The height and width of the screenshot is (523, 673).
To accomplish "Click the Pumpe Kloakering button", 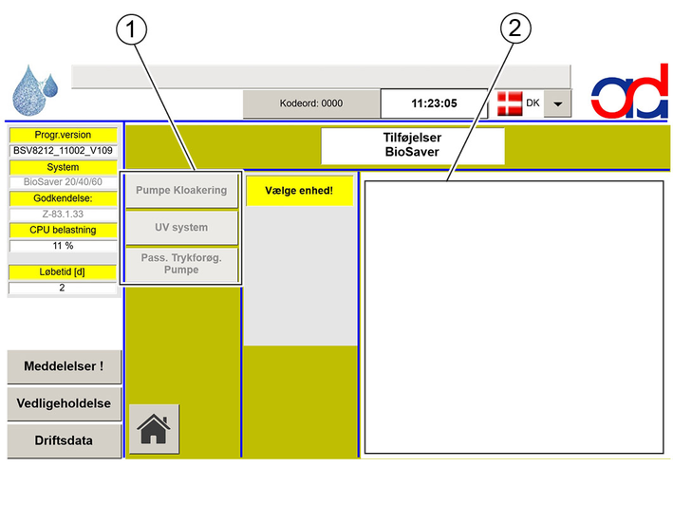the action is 181,191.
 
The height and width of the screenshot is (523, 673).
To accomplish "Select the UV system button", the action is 181,228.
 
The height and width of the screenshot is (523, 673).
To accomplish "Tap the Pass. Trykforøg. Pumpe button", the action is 181,264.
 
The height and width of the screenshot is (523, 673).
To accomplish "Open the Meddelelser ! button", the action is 64,366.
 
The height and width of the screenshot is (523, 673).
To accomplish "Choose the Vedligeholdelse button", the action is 64,403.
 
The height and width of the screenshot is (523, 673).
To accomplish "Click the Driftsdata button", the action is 64,440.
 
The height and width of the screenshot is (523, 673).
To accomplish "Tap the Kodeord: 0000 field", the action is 311,103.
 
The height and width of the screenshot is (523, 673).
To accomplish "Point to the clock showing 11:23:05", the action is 434,103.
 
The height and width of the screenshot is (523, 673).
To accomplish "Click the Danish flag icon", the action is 510,103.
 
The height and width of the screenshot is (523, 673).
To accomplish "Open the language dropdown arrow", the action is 557,103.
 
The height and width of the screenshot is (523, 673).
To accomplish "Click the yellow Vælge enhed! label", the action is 299,191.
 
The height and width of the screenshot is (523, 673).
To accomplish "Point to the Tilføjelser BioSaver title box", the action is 413,145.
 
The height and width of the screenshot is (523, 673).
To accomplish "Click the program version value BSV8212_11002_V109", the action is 63,151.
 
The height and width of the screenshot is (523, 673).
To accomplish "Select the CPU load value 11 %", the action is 63,246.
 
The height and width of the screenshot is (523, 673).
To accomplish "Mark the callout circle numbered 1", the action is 131,29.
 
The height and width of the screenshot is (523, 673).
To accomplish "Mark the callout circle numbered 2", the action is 515,28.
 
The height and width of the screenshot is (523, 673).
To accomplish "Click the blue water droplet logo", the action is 35,90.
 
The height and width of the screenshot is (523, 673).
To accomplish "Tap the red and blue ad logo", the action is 629,91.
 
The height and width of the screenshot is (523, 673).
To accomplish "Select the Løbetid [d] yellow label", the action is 63,272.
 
